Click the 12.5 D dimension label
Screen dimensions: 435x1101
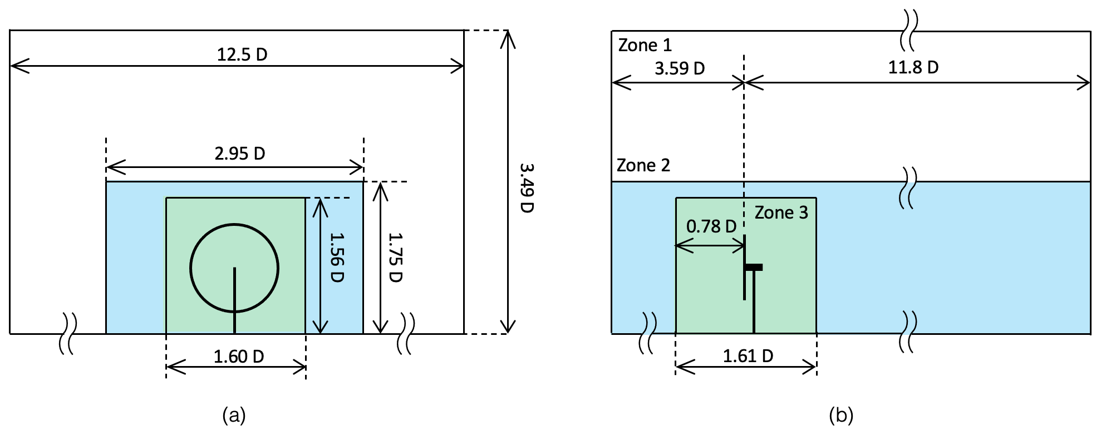242,55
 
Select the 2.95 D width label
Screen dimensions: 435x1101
240,153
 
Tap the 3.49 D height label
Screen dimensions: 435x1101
525,187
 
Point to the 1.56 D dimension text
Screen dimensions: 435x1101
336,257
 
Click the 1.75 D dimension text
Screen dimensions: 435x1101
395,257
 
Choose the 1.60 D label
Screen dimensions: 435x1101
239,356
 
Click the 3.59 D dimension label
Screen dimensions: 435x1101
679,68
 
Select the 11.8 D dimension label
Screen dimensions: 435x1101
913,67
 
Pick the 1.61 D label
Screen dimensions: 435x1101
748,356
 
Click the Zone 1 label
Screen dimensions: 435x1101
645,45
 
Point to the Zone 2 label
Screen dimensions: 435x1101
643,165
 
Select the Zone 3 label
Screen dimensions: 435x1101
781,212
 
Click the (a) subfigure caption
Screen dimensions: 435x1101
234,416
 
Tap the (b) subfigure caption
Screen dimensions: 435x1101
841,416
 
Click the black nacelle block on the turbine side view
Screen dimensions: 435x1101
754,268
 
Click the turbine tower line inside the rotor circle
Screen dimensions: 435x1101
234,289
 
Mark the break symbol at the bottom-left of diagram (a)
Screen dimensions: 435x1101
68,333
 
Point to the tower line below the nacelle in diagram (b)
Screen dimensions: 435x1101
754,303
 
